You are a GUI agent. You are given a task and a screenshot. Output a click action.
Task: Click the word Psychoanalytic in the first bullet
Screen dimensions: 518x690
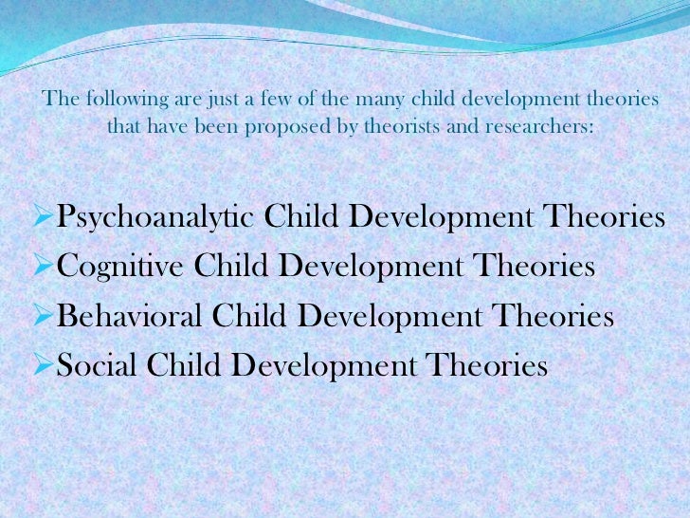coord(155,218)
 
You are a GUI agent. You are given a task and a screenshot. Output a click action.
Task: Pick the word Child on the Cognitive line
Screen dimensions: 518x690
coord(232,267)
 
